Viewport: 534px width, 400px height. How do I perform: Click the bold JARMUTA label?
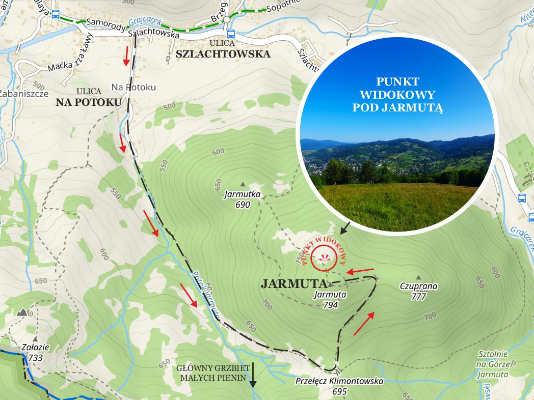(293, 284)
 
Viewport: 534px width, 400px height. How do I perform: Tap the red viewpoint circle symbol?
(325, 256)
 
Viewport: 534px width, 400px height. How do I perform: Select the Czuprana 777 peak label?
(418, 291)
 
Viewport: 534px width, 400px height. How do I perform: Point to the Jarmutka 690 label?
(243, 199)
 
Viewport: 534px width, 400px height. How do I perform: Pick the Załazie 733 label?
(35, 352)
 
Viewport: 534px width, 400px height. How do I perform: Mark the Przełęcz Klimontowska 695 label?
(339, 386)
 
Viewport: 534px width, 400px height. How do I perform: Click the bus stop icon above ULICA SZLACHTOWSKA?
(231, 34)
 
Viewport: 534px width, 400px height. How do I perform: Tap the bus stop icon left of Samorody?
(55, 14)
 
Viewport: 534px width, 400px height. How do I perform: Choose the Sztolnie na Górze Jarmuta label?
(493, 364)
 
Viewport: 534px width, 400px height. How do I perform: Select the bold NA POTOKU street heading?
(89, 102)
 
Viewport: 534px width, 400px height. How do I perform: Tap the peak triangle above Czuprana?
(418, 277)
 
